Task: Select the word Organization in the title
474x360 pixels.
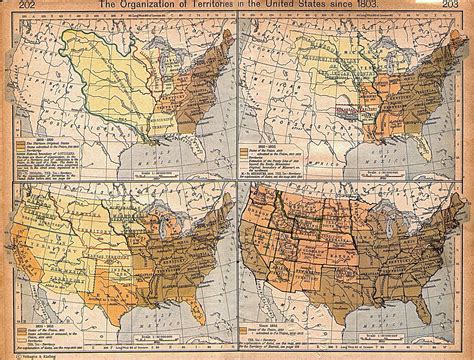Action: click(x=140, y=6)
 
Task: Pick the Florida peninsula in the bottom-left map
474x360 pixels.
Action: click(x=201, y=318)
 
